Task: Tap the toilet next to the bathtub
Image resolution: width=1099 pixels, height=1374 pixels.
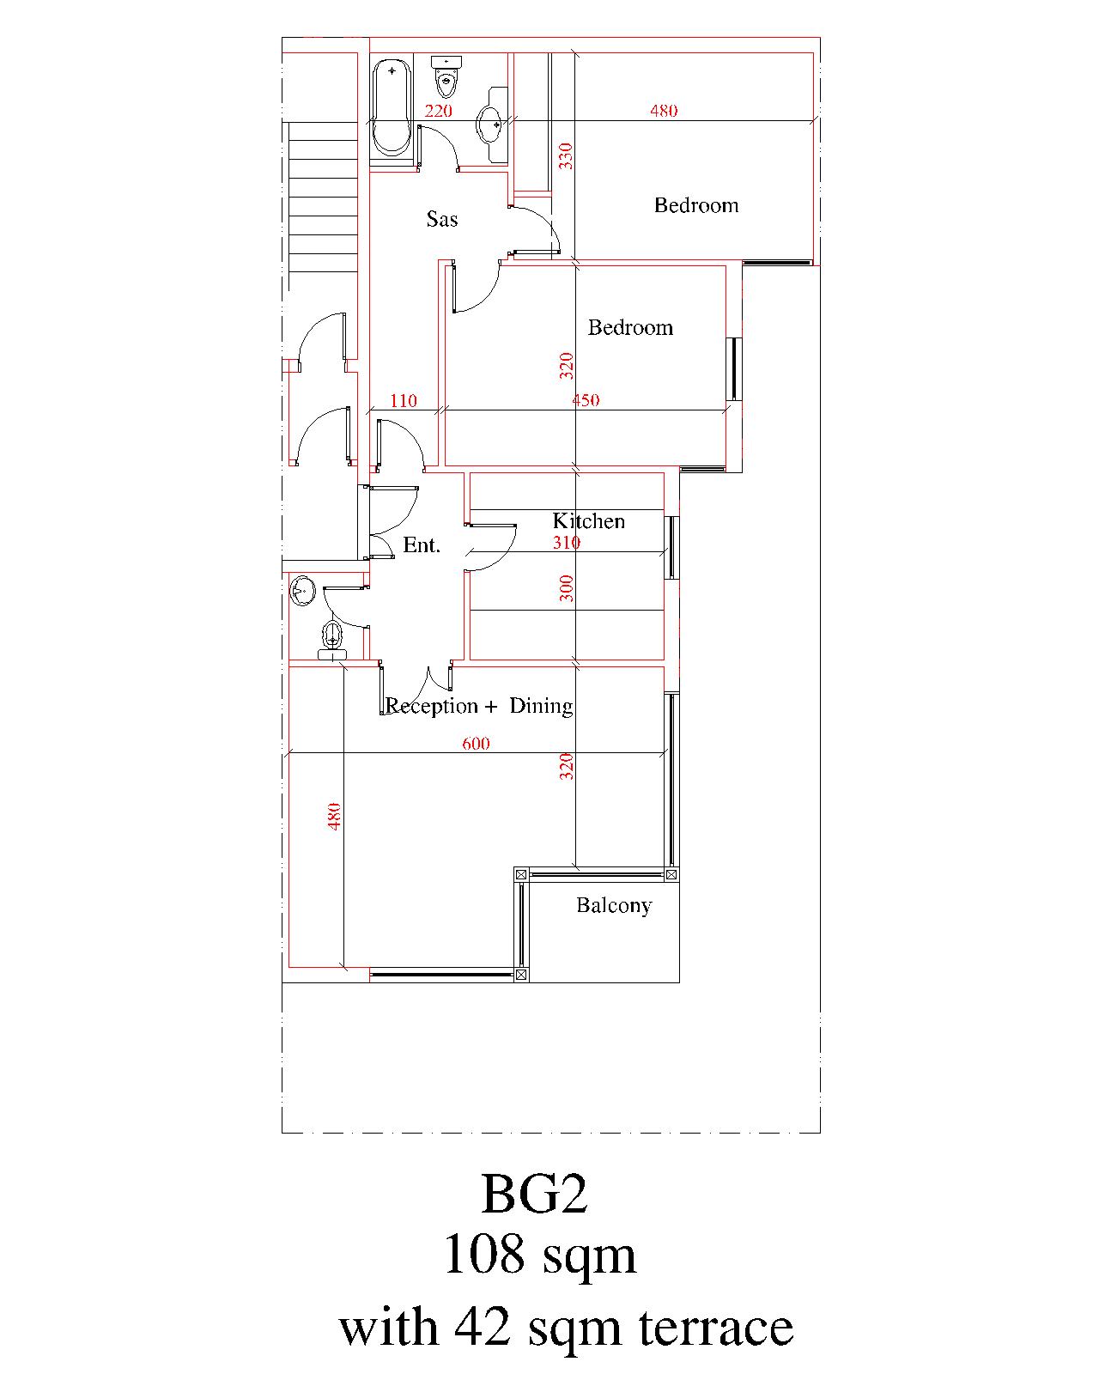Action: point(446,75)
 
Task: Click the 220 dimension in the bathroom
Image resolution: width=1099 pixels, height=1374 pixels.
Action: point(438,111)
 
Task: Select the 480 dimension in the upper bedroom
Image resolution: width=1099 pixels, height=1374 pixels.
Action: point(664,111)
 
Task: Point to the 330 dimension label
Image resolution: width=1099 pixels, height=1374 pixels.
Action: point(566,155)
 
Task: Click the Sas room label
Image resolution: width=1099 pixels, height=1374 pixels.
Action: point(442,219)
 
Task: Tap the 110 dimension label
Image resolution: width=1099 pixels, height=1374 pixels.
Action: point(403,400)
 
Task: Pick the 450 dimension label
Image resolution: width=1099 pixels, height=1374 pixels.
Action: point(586,400)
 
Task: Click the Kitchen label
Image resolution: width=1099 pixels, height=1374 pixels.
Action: point(588,521)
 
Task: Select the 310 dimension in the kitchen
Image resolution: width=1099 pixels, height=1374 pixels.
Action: point(567,542)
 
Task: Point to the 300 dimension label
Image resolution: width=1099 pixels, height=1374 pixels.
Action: point(567,588)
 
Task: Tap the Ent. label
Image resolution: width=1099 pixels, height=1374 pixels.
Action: point(422,544)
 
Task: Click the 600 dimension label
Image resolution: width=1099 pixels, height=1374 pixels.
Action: point(476,743)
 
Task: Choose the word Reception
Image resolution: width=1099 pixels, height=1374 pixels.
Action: point(431,706)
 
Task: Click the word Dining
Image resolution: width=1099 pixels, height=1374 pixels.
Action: point(541,706)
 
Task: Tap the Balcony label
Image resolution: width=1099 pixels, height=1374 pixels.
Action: point(614,905)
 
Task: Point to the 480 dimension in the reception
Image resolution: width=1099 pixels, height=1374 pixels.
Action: point(334,816)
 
